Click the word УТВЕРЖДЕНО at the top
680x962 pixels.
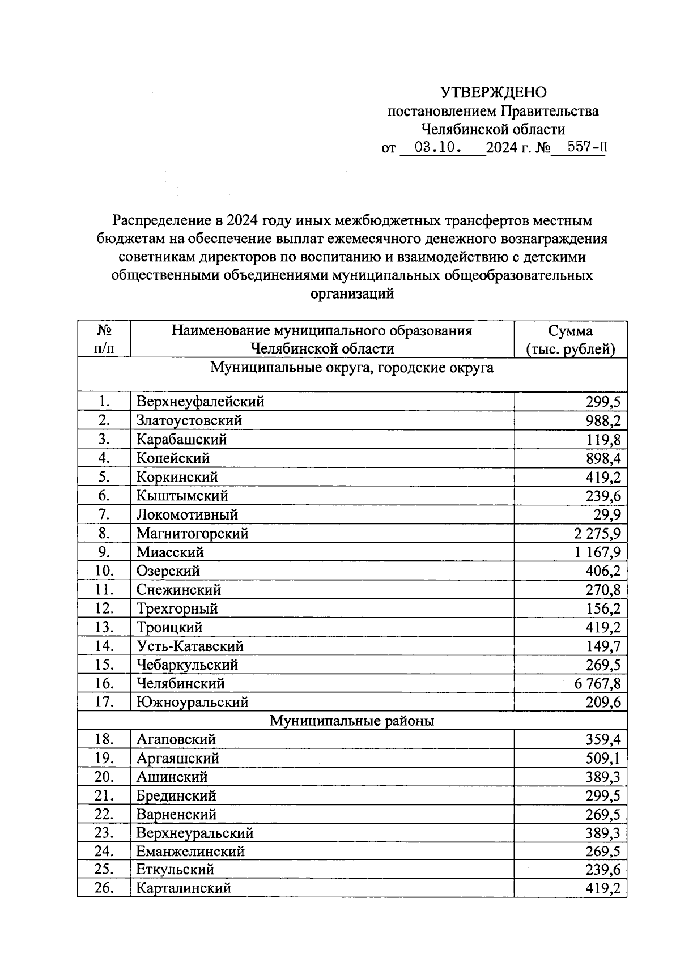(494, 92)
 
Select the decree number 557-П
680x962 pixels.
(579, 148)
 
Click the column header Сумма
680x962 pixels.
(570, 331)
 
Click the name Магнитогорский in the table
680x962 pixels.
(192, 534)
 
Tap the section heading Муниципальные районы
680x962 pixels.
(351, 721)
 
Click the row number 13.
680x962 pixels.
(104, 628)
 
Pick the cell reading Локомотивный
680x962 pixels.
(187, 515)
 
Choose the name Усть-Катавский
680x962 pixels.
(190, 646)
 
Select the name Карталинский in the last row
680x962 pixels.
(184, 888)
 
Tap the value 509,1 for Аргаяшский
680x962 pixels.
(603, 759)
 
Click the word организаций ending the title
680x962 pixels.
(351, 294)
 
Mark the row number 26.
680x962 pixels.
(104, 888)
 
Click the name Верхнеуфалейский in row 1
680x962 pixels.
(200, 402)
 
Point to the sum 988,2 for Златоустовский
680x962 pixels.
(603, 421)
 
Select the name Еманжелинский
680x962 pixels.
(190, 852)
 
